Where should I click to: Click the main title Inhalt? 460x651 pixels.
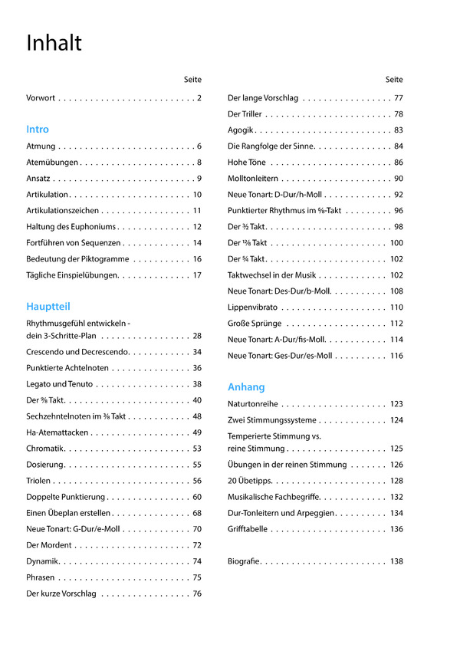[54, 43]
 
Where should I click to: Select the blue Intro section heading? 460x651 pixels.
[38, 130]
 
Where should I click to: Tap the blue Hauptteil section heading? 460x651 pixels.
[48, 307]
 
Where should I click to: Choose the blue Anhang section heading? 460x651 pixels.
[246, 387]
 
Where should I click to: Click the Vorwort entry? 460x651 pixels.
[41, 98]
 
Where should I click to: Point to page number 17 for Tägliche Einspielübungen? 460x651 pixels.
[197, 275]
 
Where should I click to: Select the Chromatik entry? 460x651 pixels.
[44, 449]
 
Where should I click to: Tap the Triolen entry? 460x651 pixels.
[38, 481]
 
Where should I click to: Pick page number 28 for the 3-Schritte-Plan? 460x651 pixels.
[197, 336]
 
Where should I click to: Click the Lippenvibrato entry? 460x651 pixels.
[252, 307]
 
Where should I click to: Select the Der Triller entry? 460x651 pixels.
[245, 114]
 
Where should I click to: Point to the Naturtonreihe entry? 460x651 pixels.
[252, 404]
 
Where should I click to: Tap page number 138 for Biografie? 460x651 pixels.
[396, 562]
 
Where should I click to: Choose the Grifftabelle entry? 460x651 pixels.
[248, 529]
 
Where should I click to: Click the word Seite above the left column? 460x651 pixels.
[192, 80]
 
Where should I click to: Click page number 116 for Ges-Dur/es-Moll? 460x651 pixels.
[396, 356]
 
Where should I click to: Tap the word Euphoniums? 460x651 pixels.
[91, 227]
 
